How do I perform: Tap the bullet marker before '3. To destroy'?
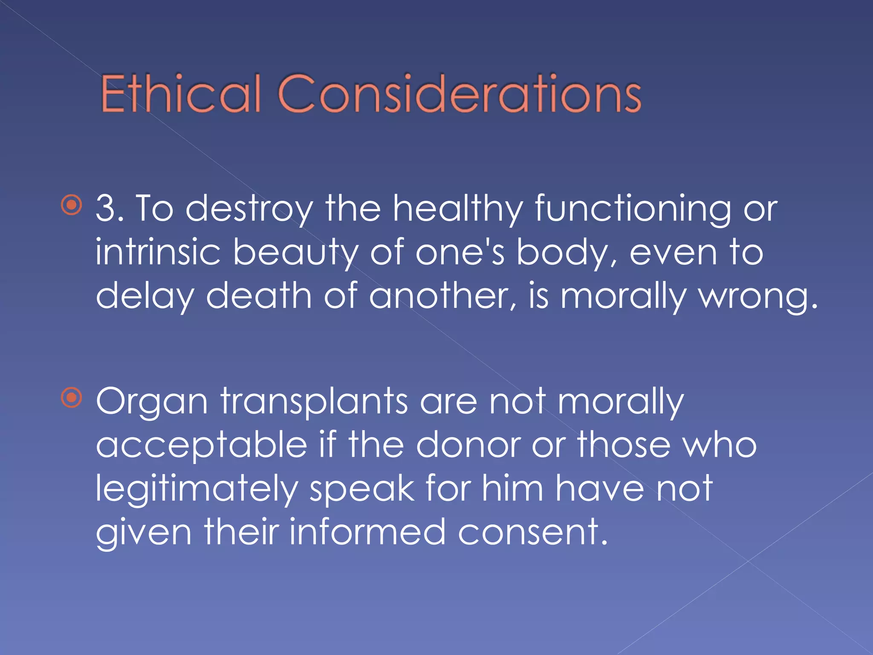72,206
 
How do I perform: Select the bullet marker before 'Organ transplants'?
72,398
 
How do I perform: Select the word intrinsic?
158,252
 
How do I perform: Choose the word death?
259,296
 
